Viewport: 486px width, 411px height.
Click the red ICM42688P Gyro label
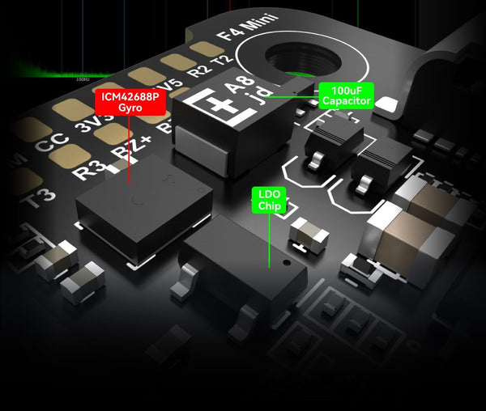point(128,101)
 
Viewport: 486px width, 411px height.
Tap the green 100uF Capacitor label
point(346,95)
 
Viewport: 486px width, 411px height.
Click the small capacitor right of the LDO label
point(309,232)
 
